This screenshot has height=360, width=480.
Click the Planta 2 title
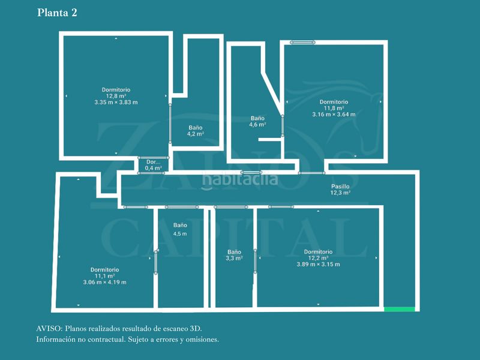[57, 12]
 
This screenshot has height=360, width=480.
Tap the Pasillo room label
[340, 187]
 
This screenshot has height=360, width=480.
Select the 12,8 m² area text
[116, 96]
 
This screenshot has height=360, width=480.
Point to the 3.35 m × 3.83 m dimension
[116, 103]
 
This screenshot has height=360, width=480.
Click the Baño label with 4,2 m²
[196, 128]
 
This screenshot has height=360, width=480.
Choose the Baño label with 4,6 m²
[257, 119]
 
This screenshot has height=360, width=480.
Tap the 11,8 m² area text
[334, 108]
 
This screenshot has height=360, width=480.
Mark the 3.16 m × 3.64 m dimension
[334, 115]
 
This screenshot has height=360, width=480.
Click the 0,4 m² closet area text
[154, 169]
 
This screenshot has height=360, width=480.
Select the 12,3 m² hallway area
[340, 193]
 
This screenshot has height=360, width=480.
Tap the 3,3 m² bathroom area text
[234, 258]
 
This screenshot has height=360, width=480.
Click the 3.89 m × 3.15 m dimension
[318, 265]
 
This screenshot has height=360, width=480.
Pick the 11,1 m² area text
[104, 276]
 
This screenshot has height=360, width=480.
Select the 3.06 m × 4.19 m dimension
[104, 283]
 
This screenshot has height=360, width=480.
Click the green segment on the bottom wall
[399, 309]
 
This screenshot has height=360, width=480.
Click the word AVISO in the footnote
[48, 329]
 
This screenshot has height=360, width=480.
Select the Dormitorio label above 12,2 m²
[318, 251]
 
